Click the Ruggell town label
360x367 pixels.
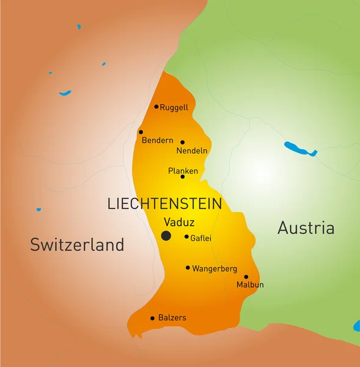click(174, 108)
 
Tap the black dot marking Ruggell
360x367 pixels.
click(156, 106)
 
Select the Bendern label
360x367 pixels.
click(158, 141)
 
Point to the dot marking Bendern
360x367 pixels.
click(141, 132)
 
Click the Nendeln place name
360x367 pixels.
click(192, 150)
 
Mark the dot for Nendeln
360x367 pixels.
click(182, 142)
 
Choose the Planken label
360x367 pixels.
click(183, 171)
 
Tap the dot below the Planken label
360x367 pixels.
click(182, 177)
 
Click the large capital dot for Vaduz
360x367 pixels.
click(166, 235)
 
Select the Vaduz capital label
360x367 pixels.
click(179, 223)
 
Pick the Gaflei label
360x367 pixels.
click(201, 238)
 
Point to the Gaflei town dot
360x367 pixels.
click(186, 237)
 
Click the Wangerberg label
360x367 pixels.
click(215, 269)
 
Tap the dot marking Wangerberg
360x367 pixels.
click(188, 267)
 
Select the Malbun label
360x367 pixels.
click(250, 284)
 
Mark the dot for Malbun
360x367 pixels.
click(246, 276)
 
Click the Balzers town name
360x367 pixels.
click(172, 318)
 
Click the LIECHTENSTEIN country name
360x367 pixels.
click(164, 204)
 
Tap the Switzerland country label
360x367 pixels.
click(77, 245)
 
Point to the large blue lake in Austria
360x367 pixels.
click(299, 149)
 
